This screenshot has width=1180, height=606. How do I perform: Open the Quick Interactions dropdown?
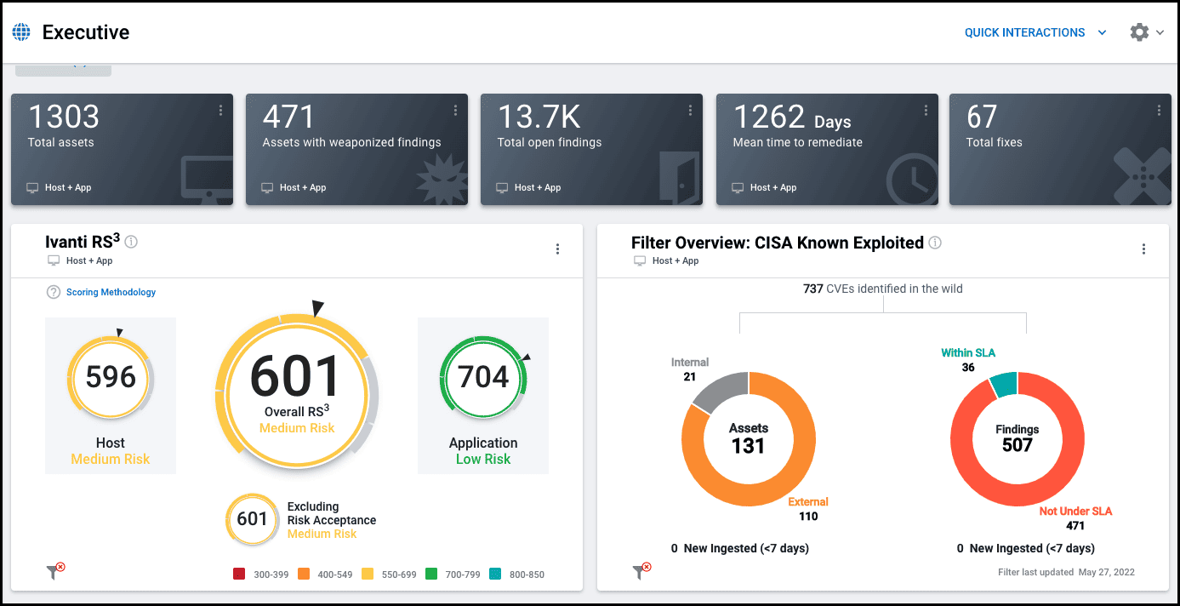point(1035,32)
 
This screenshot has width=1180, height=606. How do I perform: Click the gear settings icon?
point(1139,32)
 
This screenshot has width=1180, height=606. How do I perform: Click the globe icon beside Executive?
point(21,32)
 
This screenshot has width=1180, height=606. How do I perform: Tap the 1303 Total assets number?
point(63,117)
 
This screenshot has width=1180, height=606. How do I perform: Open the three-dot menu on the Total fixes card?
point(1159,111)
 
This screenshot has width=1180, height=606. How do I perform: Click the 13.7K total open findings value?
point(539,117)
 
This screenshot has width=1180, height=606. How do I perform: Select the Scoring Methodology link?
point(111,292)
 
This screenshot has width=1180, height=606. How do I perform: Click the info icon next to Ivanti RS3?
point(131,242)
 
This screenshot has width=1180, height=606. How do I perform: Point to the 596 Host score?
point(111,377)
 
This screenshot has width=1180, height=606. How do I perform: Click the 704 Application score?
point(483,377)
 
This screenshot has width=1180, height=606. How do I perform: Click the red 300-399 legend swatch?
point(239,575)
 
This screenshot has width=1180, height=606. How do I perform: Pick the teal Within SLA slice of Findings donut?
point(1004,384)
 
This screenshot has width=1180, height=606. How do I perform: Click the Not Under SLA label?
point(1075,512)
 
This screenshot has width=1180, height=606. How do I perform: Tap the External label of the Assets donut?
point(807,501)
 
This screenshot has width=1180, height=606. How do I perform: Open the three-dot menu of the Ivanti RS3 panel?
point(557,249)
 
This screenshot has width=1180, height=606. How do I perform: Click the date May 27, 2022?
point(1106,572)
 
